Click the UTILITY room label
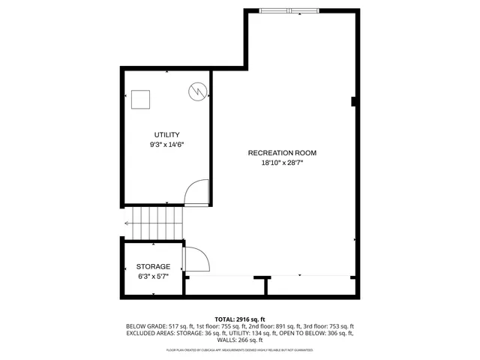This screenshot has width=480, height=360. (167, 134)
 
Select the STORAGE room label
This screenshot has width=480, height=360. (153, 266)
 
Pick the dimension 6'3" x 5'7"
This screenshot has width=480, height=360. (153, 276)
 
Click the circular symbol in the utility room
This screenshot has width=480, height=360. (196, 91)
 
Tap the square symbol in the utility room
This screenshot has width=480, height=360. (141, 97)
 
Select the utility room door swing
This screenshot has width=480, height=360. (196, 192)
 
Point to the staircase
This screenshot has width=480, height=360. (154, 222)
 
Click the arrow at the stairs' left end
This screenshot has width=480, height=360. (127, 223)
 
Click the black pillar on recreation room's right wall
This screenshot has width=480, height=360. (353, 102)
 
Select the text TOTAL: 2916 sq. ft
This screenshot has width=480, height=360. (240, 319)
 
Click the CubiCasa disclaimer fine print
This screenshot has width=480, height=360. (240, 350)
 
